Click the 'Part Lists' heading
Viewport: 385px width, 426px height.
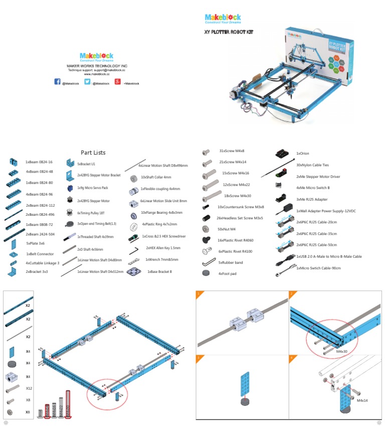(93, 153)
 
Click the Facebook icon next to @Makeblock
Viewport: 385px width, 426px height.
(57, 82)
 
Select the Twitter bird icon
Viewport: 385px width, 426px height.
(87, 82)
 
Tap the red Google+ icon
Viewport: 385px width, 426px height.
(117, 82)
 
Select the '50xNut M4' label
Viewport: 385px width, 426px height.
(227, 229)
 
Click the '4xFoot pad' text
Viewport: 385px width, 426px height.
(227, 274)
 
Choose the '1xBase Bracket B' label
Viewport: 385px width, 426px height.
(159, 271)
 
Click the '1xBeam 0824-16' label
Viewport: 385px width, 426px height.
(39, 162)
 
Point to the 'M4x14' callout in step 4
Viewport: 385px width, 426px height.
(363, 400)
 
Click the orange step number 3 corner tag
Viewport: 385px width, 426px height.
(200, 358)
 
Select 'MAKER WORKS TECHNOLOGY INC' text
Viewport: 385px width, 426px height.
(97, 66)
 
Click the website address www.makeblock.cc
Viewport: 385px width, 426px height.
(97, 74)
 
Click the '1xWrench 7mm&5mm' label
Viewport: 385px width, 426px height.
(161, 259)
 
